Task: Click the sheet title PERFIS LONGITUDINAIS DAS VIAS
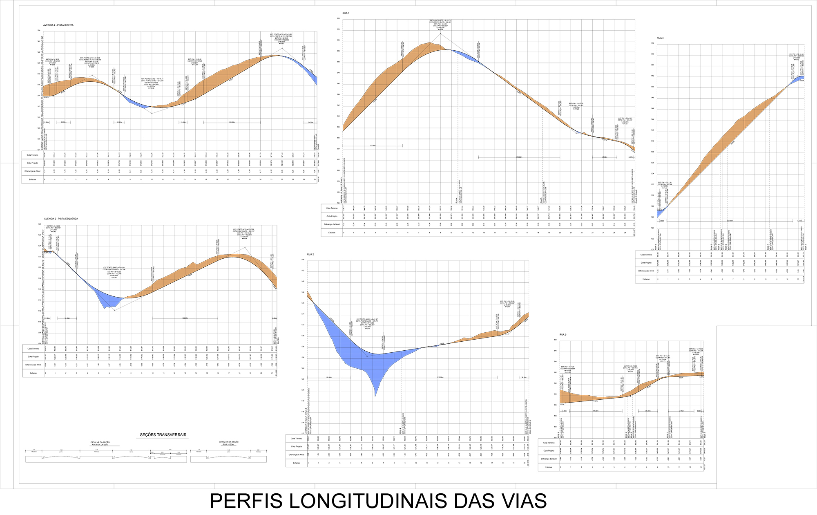tap(378, 501)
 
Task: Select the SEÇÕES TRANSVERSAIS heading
tap(163, 435)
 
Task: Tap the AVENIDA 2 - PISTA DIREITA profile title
tap(58, 25)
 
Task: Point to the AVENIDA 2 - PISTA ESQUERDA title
tap(61, 219)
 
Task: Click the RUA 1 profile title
tap(346, 13)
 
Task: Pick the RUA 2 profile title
tap(310, 255)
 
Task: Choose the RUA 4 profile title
tap(660, 38)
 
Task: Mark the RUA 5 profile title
tap(563, 335)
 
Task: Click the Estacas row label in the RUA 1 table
tap(332, 233)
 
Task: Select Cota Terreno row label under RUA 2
tap(297, 439)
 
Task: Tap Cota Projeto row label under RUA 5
tap(549, 451)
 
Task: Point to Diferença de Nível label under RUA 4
tap(646, 271)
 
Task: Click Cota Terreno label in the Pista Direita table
tap(33, 155)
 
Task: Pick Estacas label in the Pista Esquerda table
tap(33, 373)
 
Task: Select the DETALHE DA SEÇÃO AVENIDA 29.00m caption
tap(100, 443)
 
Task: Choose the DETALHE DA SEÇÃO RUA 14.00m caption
tap(229, 443)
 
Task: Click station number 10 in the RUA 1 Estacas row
tap(451, 233)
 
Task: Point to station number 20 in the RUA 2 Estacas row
tap(524, 463)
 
